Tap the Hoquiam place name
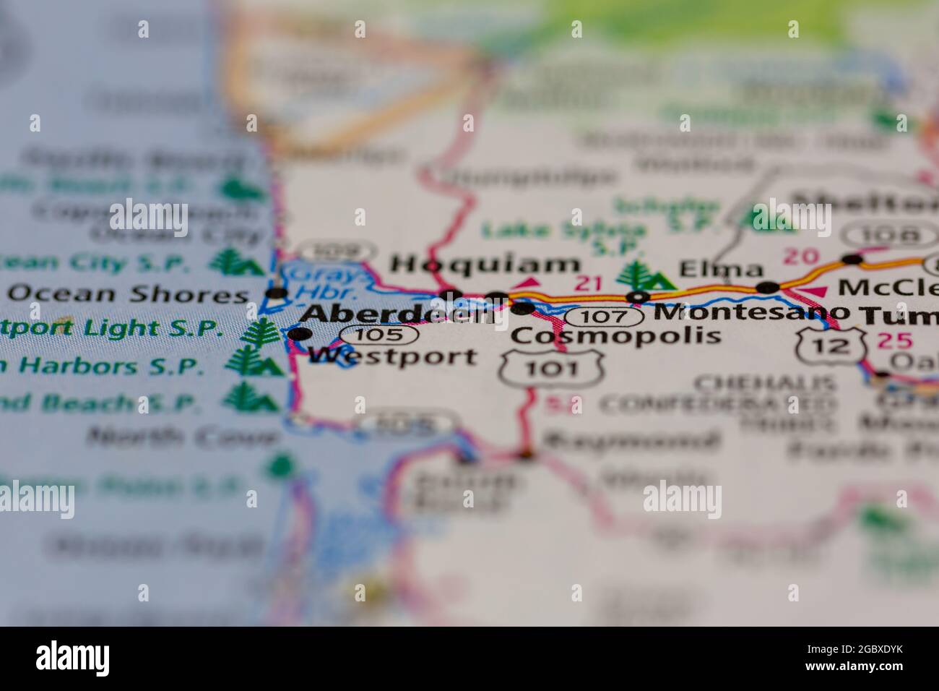click(485, 265)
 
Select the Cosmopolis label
click(615, 335)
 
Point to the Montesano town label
click(751, 312)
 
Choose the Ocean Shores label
click(128, 294)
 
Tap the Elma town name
click(720, 270)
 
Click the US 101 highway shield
click(552, 367)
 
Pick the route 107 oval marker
click(603, 317)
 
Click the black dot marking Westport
click(300, 334)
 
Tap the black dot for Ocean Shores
click(277, 293)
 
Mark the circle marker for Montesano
click(637, 296)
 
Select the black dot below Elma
click(767, 288)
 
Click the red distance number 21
click(588, 283)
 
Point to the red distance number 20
click(801, 255)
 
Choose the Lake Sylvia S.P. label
click(563, 237)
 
